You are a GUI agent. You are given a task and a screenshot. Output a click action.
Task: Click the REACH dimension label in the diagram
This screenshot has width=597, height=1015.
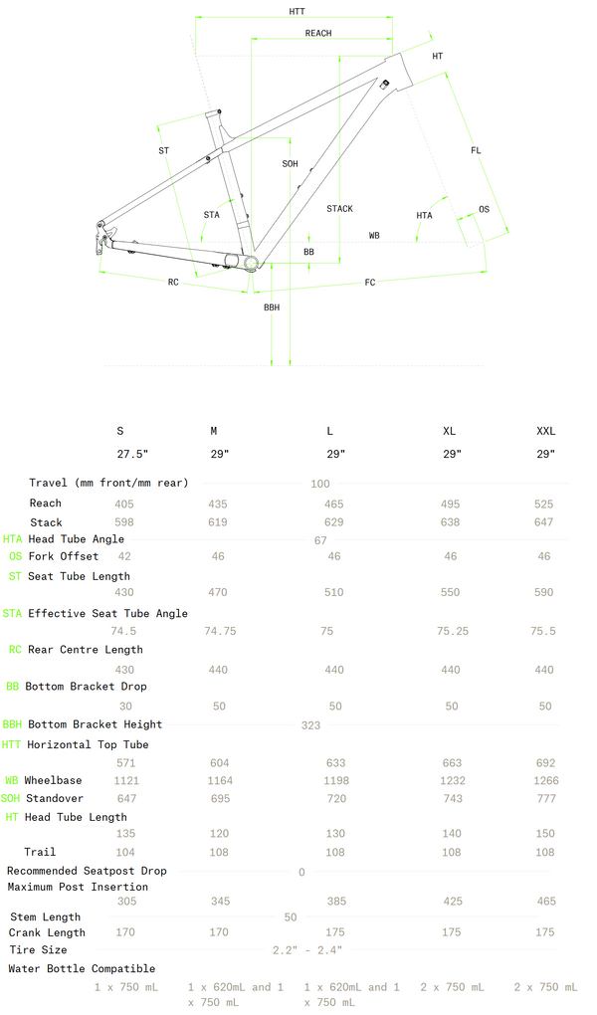[318, 34]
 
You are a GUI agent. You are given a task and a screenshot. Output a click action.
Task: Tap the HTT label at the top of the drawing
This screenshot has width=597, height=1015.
[297, 11]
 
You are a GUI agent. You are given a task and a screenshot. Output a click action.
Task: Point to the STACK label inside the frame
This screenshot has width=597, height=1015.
[339, 209]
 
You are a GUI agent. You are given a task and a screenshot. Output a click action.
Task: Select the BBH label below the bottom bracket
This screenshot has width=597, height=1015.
[272, 308]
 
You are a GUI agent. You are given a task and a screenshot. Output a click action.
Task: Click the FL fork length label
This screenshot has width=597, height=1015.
[476, 150]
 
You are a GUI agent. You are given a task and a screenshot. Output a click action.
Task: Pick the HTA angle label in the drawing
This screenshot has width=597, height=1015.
[425, 216]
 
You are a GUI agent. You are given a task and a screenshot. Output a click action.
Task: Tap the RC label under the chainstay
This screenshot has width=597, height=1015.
[173, 283]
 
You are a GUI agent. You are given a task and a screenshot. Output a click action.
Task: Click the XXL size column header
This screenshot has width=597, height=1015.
[546, 431]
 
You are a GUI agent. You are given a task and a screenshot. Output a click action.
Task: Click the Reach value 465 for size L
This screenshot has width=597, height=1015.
[334, 505]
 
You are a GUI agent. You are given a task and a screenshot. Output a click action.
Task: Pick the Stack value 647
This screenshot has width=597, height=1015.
[544, 522]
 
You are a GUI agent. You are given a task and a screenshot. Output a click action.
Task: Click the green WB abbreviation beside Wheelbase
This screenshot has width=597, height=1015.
[12, 781]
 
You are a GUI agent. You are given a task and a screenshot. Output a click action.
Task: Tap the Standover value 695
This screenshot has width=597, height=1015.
[218, 799]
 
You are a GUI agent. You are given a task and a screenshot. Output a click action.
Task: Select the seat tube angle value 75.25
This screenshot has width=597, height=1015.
[453, 631]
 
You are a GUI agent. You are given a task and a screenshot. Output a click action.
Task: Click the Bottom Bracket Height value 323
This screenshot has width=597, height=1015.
[310, 725]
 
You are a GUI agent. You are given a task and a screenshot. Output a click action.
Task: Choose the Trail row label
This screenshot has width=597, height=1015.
[40, 852]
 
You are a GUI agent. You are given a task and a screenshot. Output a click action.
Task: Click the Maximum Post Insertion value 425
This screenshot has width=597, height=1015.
[451, 902]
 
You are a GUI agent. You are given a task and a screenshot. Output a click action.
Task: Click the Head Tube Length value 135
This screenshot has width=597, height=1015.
[126, 834]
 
